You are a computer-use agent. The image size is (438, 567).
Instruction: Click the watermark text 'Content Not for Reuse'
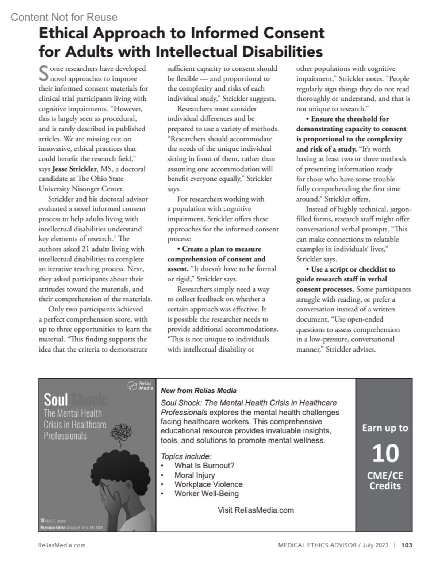(64, 17)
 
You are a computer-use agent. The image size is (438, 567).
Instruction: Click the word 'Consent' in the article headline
(294, 33)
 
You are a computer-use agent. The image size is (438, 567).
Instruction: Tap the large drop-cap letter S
(43, 73)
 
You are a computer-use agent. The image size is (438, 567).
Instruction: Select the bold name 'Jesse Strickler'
(74, 169)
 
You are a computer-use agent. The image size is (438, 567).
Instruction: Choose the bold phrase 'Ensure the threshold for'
(349, 119)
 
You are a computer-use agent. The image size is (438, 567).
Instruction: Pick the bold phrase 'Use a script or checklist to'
(353, 269)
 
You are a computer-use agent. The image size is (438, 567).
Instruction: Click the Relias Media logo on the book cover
(140, 386)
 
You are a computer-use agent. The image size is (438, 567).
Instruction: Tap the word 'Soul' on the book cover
(56, 400)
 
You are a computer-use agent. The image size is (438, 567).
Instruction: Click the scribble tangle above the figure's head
(121, 433)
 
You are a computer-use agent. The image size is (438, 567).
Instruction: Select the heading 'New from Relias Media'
(199, 391)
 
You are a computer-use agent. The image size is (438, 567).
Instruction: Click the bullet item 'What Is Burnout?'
(204, 466)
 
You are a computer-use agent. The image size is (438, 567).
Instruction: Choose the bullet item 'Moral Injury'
(195, 475)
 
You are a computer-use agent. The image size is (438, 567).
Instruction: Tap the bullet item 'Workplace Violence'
(208, 484)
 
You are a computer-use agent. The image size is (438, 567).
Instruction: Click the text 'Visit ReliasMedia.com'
(255, 510)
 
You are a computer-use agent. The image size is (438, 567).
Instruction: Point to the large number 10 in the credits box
(385, 453)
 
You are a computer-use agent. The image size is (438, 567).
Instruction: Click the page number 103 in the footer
(407, 545)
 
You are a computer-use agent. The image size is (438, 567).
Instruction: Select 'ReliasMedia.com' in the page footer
(62, 545)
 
